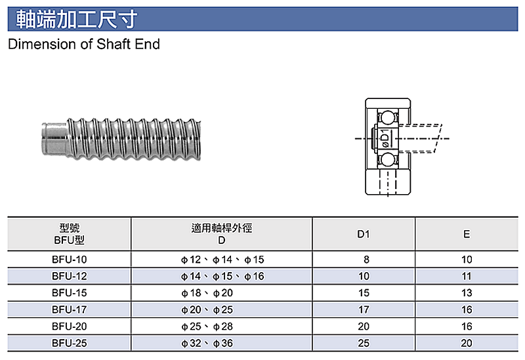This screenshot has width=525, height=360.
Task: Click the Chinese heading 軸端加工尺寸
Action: [x=77, y=20]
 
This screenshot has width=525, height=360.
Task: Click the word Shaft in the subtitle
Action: [x=113, y=44]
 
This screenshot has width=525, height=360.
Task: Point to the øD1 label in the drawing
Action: [x=385, y=138]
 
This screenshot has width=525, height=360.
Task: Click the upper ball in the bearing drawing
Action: [x=388, y=118]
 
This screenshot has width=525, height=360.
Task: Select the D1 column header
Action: [x=364, y=234]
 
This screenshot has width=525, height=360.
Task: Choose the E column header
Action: [x=467, y=234]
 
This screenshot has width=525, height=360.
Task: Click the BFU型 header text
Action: [x=70, y=240]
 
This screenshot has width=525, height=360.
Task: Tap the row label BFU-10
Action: [x=70, y=260]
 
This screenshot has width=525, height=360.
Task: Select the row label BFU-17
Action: [x=70, y=310]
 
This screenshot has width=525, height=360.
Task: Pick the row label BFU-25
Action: [x=70, y=343]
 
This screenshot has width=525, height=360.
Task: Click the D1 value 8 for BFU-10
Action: [x=366, y=260]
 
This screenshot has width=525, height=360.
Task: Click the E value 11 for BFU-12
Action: [x=467, y=276]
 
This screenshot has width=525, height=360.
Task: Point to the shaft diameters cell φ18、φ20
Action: [x=207, y=293]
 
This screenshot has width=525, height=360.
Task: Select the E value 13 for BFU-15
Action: [x=467, y=293]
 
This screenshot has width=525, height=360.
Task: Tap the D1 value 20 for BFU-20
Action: [x=364, y=327]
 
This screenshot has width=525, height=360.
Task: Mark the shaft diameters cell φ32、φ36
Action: [x=207, y=343]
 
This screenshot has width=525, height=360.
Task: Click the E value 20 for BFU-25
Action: [x=467, y=343]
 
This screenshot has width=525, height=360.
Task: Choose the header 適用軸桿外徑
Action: [x=222, y=228]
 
